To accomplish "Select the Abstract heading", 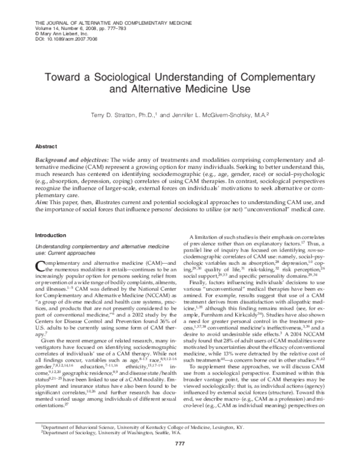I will [47, 146].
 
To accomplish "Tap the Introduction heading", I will [52, 235].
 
